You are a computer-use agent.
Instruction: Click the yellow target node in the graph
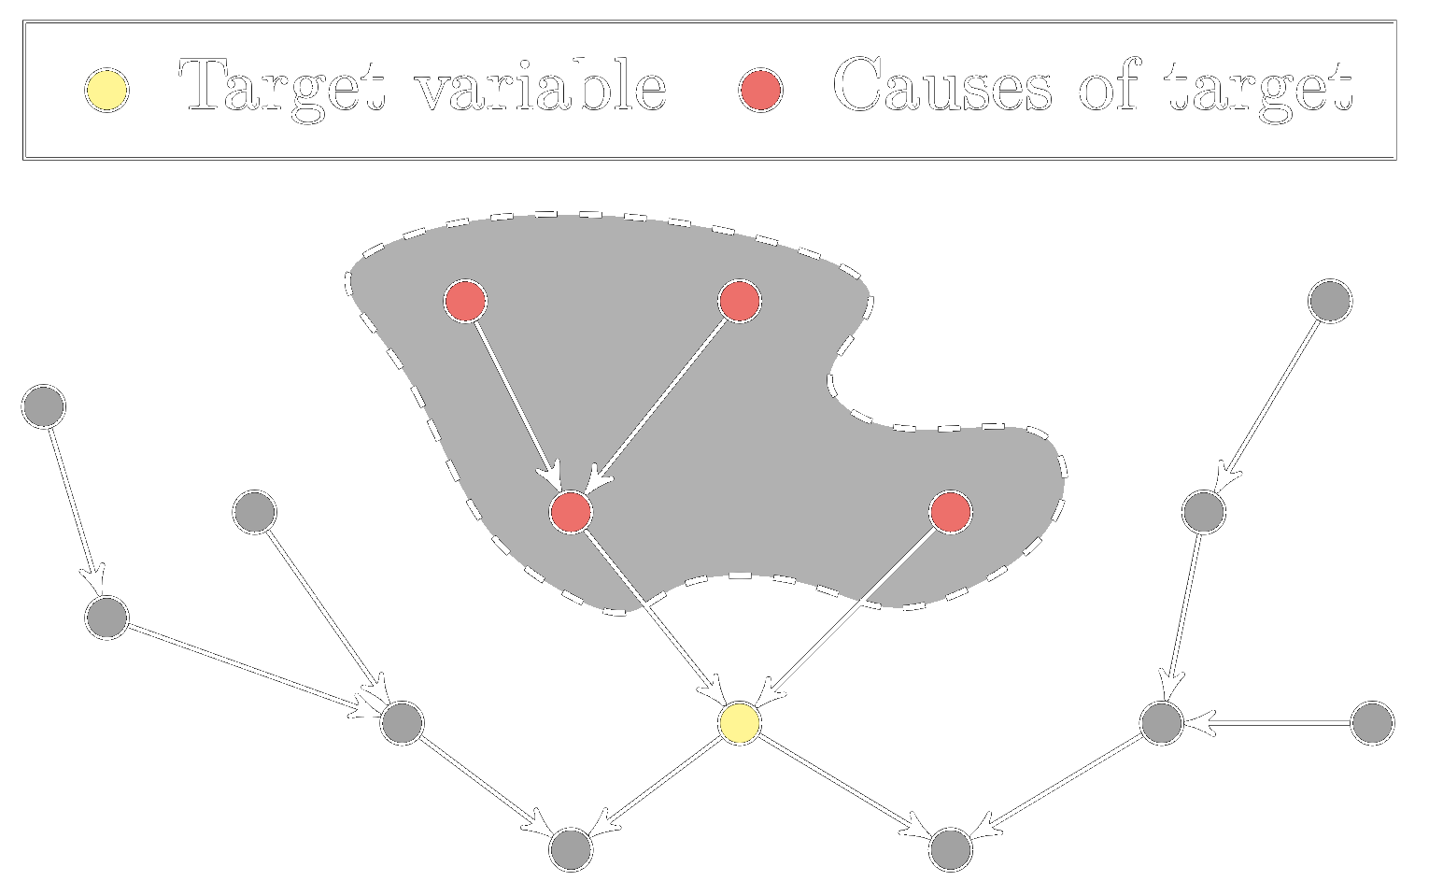(740, 722)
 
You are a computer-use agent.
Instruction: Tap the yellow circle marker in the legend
(106, 91)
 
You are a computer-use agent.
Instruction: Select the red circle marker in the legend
(760, 91)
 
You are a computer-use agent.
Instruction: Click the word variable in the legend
(541, 86)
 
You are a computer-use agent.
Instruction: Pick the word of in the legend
(1110, 86)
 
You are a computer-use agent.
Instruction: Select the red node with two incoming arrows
(571, 512)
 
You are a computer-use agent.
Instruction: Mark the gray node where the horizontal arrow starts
(1372, 723)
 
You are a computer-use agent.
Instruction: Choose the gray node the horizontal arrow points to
(1162, 722)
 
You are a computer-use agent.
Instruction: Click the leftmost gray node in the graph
(43, 406)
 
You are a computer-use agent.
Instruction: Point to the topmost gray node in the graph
(1329, 301)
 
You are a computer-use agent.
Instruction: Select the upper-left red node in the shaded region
(465, 301)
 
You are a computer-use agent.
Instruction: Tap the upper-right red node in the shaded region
(740, 301)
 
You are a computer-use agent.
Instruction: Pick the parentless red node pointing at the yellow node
(951, 512)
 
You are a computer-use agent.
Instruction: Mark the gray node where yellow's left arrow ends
(571, 849)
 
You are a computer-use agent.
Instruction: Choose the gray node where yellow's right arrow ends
(951, 849)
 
